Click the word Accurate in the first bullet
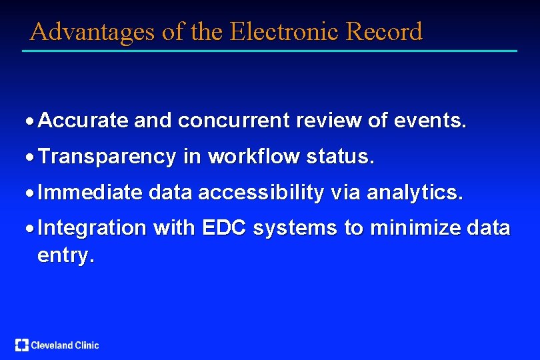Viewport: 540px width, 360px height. pos(83,121)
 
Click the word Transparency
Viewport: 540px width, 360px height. pos(107,157)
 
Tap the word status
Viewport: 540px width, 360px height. pos(341,157)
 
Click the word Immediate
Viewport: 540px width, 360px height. pos(90,193)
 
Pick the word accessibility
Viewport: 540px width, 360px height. pos(261,193)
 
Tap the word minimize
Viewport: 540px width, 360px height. pos(415,229)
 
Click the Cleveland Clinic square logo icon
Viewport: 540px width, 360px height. pos(22,345)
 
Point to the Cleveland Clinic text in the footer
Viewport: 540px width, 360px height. pos(65,345)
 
